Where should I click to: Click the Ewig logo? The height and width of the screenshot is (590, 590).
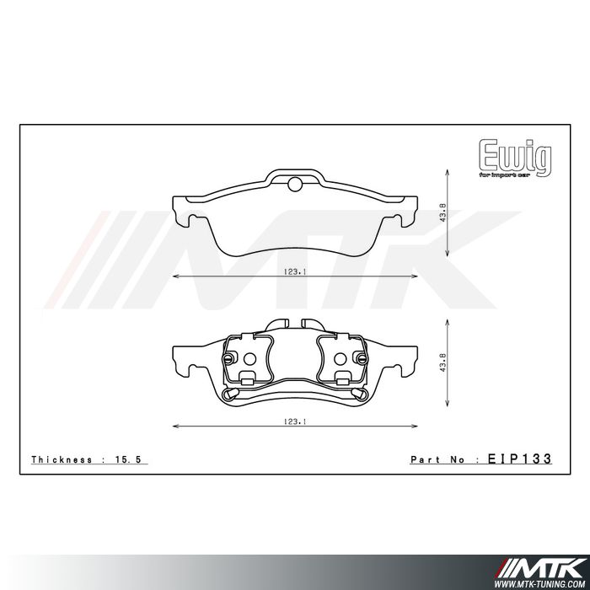pyautogui.click(x=515, y=155)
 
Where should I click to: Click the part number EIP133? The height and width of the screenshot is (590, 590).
pyautogui.click(x=519, y=459)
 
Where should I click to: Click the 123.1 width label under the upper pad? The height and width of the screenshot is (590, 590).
pyautogui.click(x=293, y=272)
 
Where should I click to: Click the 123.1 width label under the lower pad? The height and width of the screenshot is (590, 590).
pyautogui.click(x=293, y=422)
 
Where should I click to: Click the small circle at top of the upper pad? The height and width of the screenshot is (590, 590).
pyautogui.click(x=294, y=185)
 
